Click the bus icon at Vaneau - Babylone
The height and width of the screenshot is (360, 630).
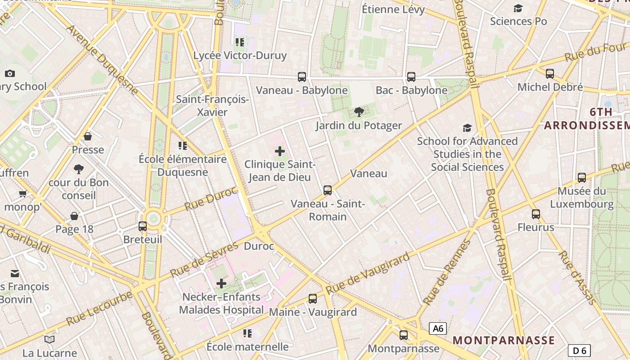pyautogui.click(x=302, y=77)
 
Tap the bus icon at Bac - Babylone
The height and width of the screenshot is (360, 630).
pyautogui.click(x=411, y=77)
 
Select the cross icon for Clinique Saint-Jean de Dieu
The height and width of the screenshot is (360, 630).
pyautogui.click(x=280, y=151)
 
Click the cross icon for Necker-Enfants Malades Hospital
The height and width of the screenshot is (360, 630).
pyautogui.click(x=221, y=283)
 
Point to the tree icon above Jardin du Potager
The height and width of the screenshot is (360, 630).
pyautogui.click(x=359, y=112)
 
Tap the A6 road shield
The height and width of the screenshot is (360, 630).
pyautogui.click(x=438, y=328)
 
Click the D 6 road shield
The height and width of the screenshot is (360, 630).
pyautogui.click(x=579, y=351)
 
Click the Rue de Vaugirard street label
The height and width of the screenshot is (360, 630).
pyautogui.click(x=368, y=273)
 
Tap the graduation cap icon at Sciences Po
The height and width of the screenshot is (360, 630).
pyautogui.click(x=518, y=8)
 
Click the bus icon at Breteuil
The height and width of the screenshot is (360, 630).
pyautogui.click(x=143, y=226)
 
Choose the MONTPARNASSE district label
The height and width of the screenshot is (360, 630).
pyautogui.click(x=504, y=340)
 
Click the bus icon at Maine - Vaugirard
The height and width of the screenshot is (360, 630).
pyautogui.click(x=313, y=298)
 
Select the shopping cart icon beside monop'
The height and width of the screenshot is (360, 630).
pyautogui.click(x=22, y=194)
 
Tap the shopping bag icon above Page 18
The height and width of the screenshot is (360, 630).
pyautogui.click(x=74, y=216)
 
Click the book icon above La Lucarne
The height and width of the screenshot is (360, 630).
pyautogui.click(x=49, y=340)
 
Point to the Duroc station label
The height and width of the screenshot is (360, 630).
pyautogui.click(x=259, y=246)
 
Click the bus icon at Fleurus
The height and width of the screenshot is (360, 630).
pyautogui.click(x=535, y=214)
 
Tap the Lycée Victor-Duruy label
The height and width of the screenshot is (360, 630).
pyautogui.click(x=240, y=56)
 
